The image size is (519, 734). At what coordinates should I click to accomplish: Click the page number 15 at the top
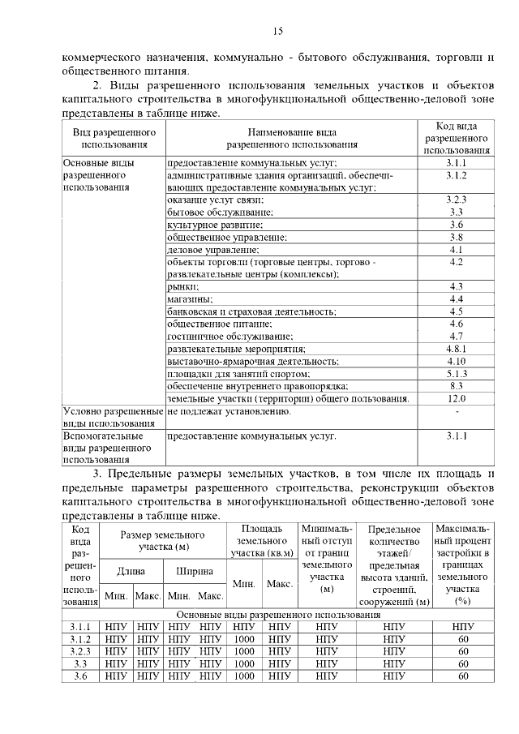pos(277,32)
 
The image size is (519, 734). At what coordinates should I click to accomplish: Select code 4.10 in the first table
pos(456,360)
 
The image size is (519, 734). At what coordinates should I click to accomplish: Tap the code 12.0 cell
pos(456,399)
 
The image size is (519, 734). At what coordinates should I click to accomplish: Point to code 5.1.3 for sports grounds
pos(456,373)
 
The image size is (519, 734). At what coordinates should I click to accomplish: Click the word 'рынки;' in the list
pos(182,286)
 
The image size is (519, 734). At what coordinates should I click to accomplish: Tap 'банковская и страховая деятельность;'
pos(251,311)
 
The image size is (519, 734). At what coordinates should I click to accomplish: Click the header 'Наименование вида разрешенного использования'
pos(292,138)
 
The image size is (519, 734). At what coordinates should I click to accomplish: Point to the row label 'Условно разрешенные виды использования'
pos(113,417)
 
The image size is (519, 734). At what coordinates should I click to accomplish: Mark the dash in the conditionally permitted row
pos(456,411)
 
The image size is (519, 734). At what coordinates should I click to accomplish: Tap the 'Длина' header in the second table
pos(131,571)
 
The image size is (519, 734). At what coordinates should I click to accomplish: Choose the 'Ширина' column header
pos(195,571)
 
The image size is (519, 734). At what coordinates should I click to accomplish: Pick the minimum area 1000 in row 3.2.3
pos(244,651)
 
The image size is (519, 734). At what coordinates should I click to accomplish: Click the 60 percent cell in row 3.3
pos(463,664)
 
